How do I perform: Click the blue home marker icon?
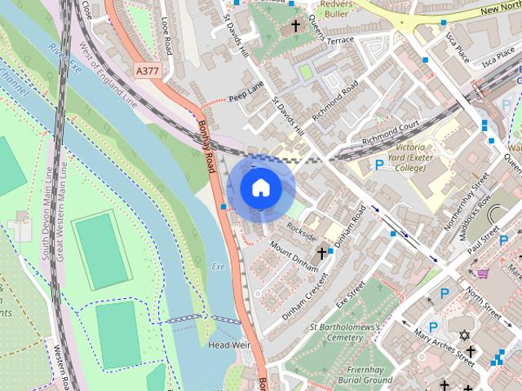[x=260, y=188]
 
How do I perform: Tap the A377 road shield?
[x=147, y=72]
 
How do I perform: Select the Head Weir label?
[x=228, y=345]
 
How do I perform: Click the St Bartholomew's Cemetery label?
[x=347, y=332]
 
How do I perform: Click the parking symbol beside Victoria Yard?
[x=378, y=165]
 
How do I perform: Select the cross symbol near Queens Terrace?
[x=295, y=26]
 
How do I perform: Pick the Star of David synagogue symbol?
[x=466, y=336]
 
